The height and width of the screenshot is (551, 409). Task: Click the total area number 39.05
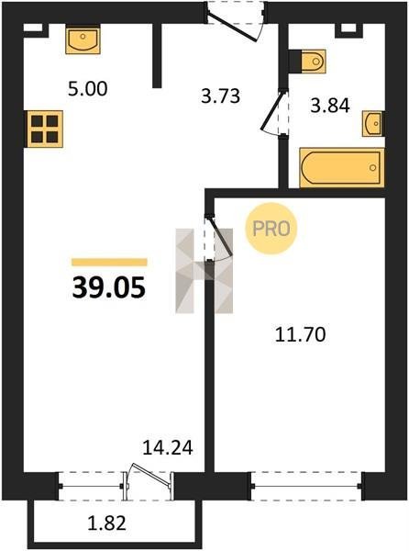click(x=109, y=287)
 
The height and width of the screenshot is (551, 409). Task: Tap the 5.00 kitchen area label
click(x=88, y=89)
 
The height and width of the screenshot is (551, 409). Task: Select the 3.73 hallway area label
click(x=221, y=96)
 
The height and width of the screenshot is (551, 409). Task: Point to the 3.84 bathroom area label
click(x=330, y=106)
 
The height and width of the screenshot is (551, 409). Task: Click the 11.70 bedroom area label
click(x=300, y=334)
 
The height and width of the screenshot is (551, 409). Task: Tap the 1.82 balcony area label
click(x=106, y=523)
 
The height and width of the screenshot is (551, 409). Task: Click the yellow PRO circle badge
click(x=271, y=229)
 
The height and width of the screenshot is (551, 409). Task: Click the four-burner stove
click(x=44, y=129)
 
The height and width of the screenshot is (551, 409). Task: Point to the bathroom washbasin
click(x=373, y=123)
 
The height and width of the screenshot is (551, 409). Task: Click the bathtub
click(x=342, y=168)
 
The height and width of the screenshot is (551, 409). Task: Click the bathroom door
click(x=277, y=112)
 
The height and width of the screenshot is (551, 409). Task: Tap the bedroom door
click(x=218, y=238)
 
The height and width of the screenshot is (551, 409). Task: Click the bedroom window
click(x=306, y=487)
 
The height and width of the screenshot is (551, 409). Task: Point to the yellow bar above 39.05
click(x=109, y=262)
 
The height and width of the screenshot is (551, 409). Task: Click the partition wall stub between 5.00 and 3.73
click(x=157, y=55)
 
